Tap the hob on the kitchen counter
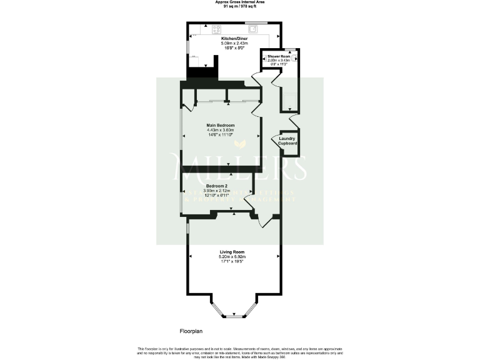pyautogui.click(x=217, y=28)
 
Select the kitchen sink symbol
pyautogui.click(x=252, y=27)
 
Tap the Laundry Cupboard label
pyautogui.click(x=287, y=141)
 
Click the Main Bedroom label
pyautogui.click(x=221, y=125)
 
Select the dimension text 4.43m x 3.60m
pyautogui.click(x=221, y=130)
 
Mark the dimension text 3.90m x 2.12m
pyautogui.click(x=217, y=191)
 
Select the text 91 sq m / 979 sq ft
pyautogui.click(x=239, y=6)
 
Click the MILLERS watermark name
pyautogui.click(x=241, y=167)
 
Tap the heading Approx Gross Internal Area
pyautogui.click(x=239, y=2)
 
